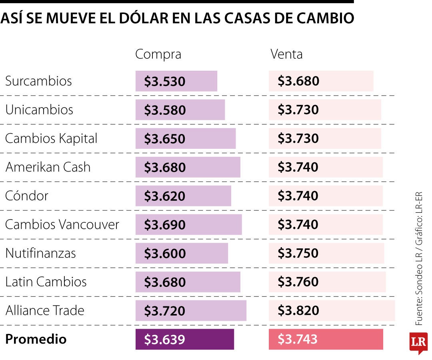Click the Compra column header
pos(158,54)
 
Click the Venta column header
pos(286,54)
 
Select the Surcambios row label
pos(38,81)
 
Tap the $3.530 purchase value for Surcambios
pos(165,82)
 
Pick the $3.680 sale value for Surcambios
pos(298,81)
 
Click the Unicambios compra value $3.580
pos(165,110)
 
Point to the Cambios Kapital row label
pos(51,139)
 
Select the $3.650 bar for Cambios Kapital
pos(185,139)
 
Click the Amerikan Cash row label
pos(48,167)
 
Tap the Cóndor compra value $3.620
pos(165,196)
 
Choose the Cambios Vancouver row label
pos(62,224)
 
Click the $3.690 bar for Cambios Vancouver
pos(188,225)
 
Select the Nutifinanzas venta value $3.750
pos(298,253)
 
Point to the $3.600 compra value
pos(165,254)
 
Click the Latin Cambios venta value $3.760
pos(298,282)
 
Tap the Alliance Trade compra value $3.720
pos(165,311)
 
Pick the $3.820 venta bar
pos(331,311)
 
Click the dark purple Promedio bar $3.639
pos(184,340)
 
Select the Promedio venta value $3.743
pos(298,339)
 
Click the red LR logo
pos(418,342)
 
